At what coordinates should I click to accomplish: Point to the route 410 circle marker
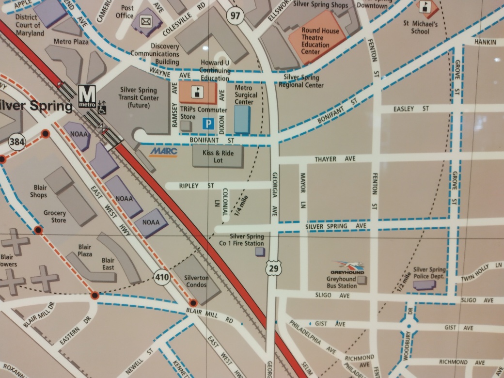tap(162, 277)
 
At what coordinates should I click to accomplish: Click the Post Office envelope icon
tap(145, 21)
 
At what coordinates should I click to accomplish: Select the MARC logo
tap(164, 152)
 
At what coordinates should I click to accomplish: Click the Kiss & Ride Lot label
tap(218, 157)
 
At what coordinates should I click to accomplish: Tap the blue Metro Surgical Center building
tap(242, 119)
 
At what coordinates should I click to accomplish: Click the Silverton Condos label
tap(196, 281)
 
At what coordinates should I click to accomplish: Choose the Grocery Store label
tap(55, 217)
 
